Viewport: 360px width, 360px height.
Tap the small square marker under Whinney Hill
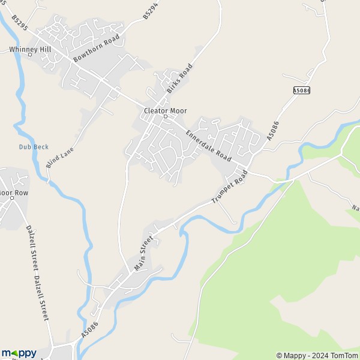(x=29, y=55)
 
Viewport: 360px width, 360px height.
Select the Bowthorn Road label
(x=96, y=48)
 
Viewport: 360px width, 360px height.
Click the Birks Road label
(x=180, y=77)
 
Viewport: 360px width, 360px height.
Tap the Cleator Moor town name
(x=166, y=110)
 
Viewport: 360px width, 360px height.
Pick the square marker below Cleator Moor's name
(x=166, y=116)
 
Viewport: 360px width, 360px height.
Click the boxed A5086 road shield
(x=302, y=91)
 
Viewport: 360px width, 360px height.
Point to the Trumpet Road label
(x=230, y=188)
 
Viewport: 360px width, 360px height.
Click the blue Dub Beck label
(x=34, y=147)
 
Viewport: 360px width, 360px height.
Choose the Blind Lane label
(x=59, y=157)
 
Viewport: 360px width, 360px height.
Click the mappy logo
(x=19, y=353)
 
